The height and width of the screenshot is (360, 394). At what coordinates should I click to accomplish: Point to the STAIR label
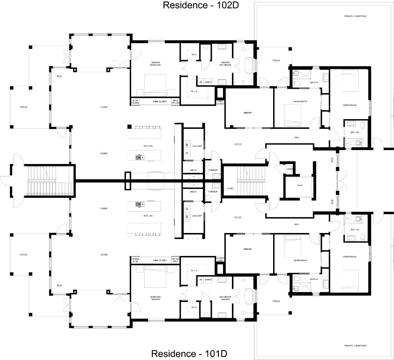point(230,188)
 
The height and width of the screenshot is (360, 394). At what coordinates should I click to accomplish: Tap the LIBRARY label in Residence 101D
point(248,249)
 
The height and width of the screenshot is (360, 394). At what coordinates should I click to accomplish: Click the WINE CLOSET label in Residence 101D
point(160,260)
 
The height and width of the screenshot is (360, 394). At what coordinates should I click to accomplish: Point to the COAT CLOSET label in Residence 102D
point(219,103)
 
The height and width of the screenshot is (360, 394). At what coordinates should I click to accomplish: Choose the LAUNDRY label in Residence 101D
point(197,216)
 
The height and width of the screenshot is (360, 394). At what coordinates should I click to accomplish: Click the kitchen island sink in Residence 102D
point(139,157)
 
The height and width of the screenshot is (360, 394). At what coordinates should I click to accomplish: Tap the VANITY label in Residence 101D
point(208,280)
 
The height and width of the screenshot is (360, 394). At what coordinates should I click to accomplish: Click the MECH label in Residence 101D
point(193,192)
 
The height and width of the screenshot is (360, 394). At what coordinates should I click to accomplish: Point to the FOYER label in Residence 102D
point(238,144)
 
